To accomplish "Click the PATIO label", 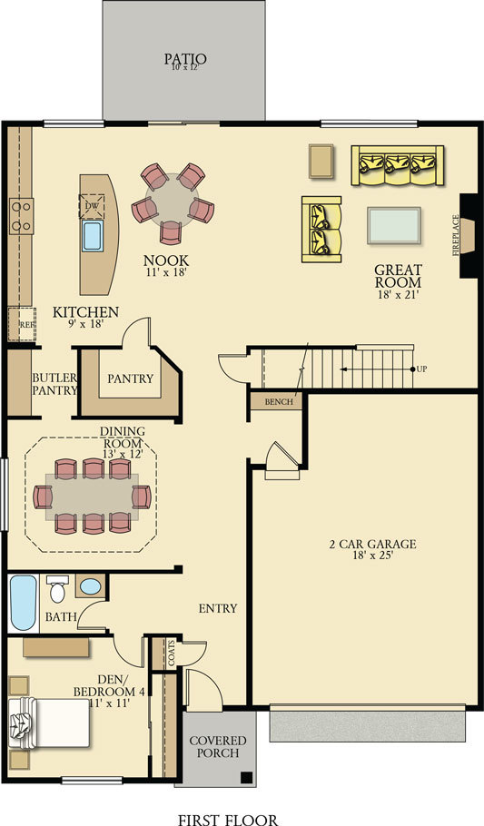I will [184, 60].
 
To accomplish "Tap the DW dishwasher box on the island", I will [92, 207].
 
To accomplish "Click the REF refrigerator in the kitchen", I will [20, 322].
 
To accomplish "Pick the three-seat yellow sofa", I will [398, 165].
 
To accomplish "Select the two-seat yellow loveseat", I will [321, 228].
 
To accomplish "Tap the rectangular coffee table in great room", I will [394, 225].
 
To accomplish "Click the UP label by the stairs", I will [423, 369].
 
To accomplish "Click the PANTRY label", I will [130, 379].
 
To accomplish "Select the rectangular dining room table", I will [91, 497].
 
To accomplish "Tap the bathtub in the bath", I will [23, 602].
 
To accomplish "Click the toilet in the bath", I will [57, 591].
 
